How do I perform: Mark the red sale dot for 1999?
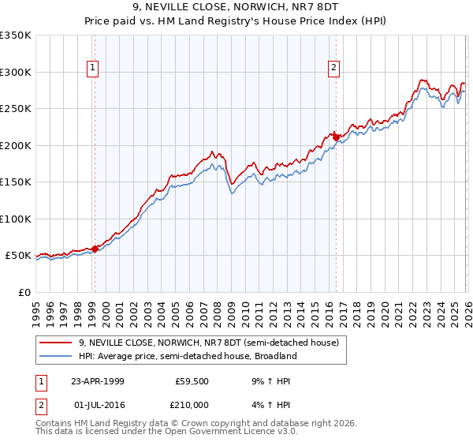[x=95, y=249]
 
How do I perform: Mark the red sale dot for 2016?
[x=335, y=137]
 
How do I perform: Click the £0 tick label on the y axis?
[x=24, y=292]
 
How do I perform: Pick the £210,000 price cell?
[x=191, y=404]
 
